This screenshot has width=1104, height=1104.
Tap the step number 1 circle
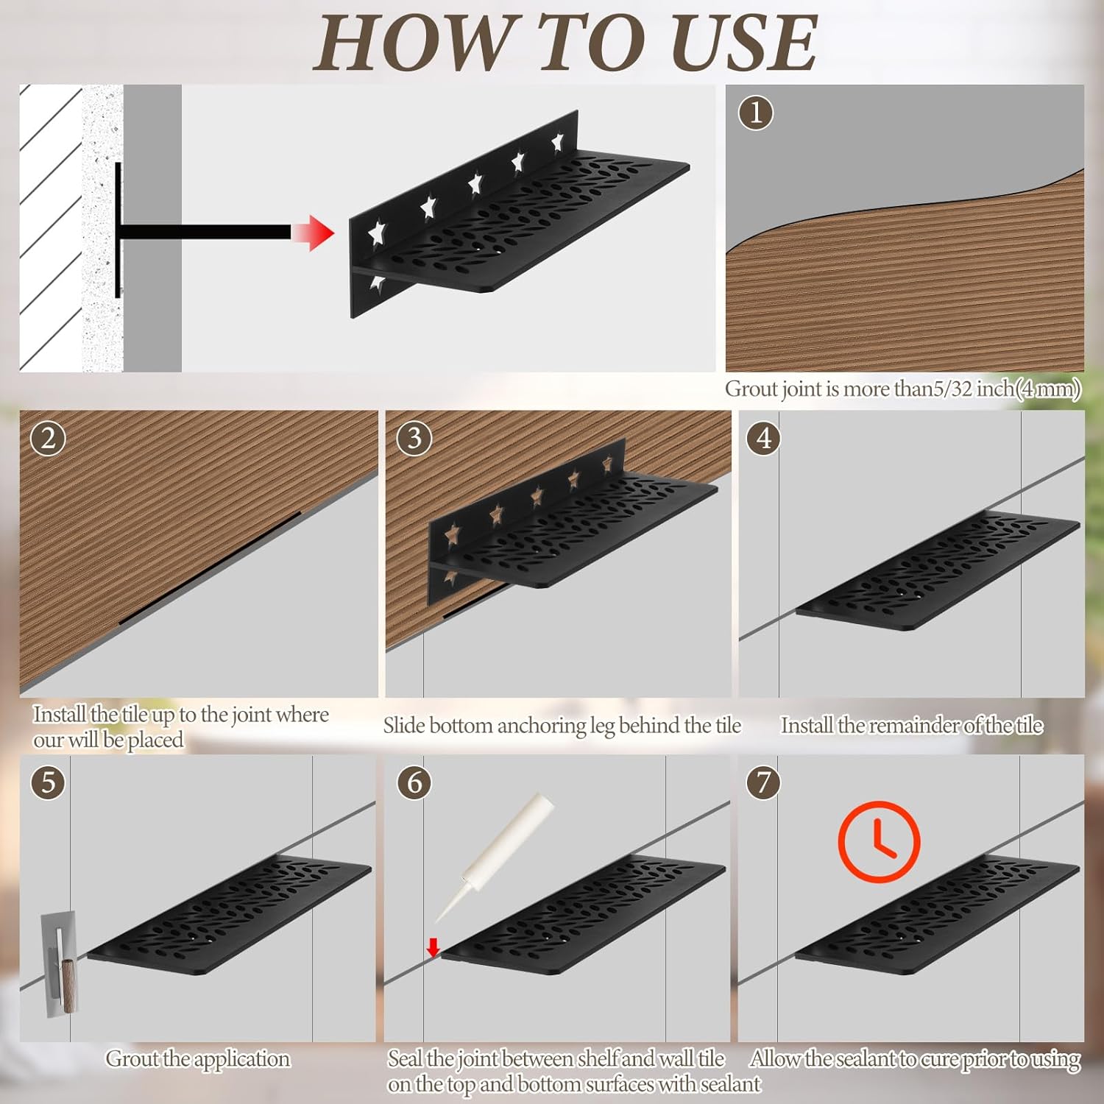click(756, 113)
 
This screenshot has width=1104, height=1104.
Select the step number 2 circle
click(48, 439)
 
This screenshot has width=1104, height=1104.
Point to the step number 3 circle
click(414, 439)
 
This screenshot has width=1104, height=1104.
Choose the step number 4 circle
click(764, 439)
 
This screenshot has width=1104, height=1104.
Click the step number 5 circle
click(48, 782)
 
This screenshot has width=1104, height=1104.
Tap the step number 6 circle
click(414, 782)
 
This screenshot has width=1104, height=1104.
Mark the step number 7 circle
click(764, 782)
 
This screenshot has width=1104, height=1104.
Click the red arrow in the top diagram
click(312, 233)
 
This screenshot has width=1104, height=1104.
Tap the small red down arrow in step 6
click(433, 947)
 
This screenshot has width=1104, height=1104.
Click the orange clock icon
click(879, 842)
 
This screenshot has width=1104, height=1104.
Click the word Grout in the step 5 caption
click(132, 1058)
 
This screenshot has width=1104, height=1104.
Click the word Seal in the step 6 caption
click(405, 1058)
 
